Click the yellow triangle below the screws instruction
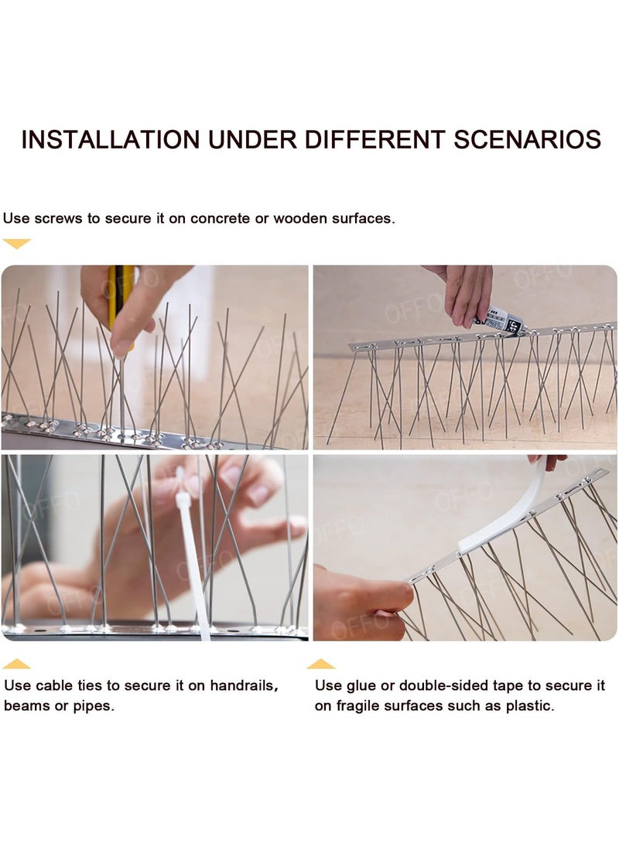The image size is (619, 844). (16, 244)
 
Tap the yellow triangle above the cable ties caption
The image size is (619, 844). (16, 664)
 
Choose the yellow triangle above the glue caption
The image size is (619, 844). (320, 664)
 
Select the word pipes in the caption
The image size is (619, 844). (93, 706)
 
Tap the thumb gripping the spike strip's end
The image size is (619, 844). (387, 596)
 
